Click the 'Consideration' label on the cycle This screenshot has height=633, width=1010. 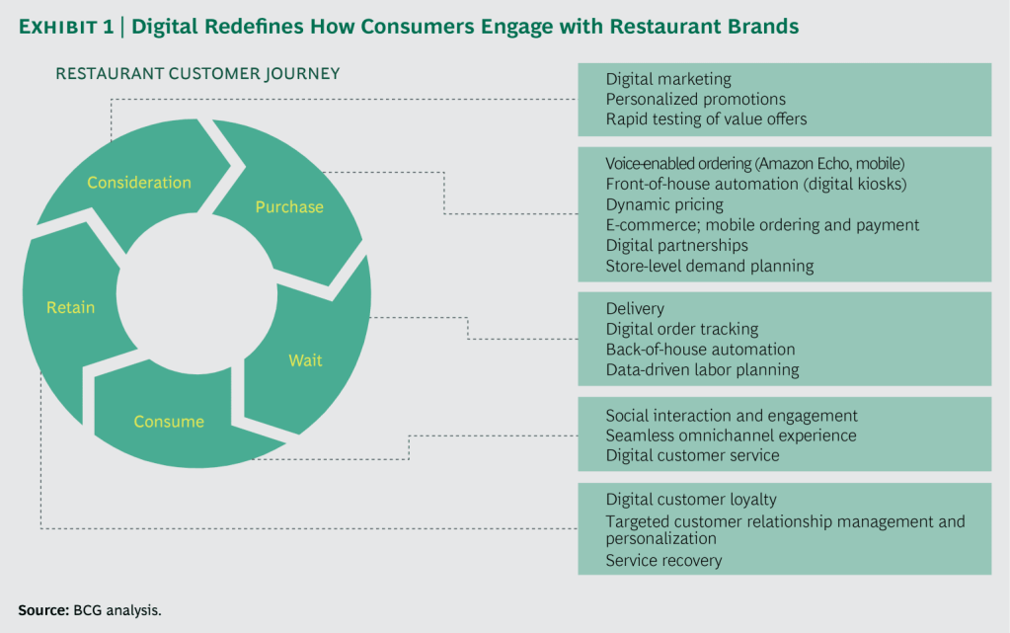click(x=139, y=183)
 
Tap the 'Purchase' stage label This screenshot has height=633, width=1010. click(x=289, y=207)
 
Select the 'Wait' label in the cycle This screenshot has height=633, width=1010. click(x=305, y=360)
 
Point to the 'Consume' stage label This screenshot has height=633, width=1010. click(x=169, y=422)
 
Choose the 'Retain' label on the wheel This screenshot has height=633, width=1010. click(x=71, y=308)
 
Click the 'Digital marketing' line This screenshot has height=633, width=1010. click(x=668, y=79)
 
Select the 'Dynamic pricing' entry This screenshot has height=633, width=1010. click(x=664, y=204)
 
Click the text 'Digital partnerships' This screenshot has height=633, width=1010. click(x=676, y=245)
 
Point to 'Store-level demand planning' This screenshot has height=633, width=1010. click(x=709, y=266)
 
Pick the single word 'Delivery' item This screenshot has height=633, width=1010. click(x=635, y=309)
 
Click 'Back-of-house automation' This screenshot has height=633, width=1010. click(x=700, y=350)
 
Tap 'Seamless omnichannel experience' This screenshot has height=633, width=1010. click(x=731, y=435)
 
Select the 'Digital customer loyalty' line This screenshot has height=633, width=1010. click(x=691, y=500)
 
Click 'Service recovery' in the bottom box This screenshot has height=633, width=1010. click(x=663, y=561)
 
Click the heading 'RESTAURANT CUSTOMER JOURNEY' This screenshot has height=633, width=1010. click(x=197, y=74)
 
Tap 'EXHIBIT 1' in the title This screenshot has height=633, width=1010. click(x=65, y=27)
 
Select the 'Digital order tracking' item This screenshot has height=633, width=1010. click(x=682, y=329)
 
